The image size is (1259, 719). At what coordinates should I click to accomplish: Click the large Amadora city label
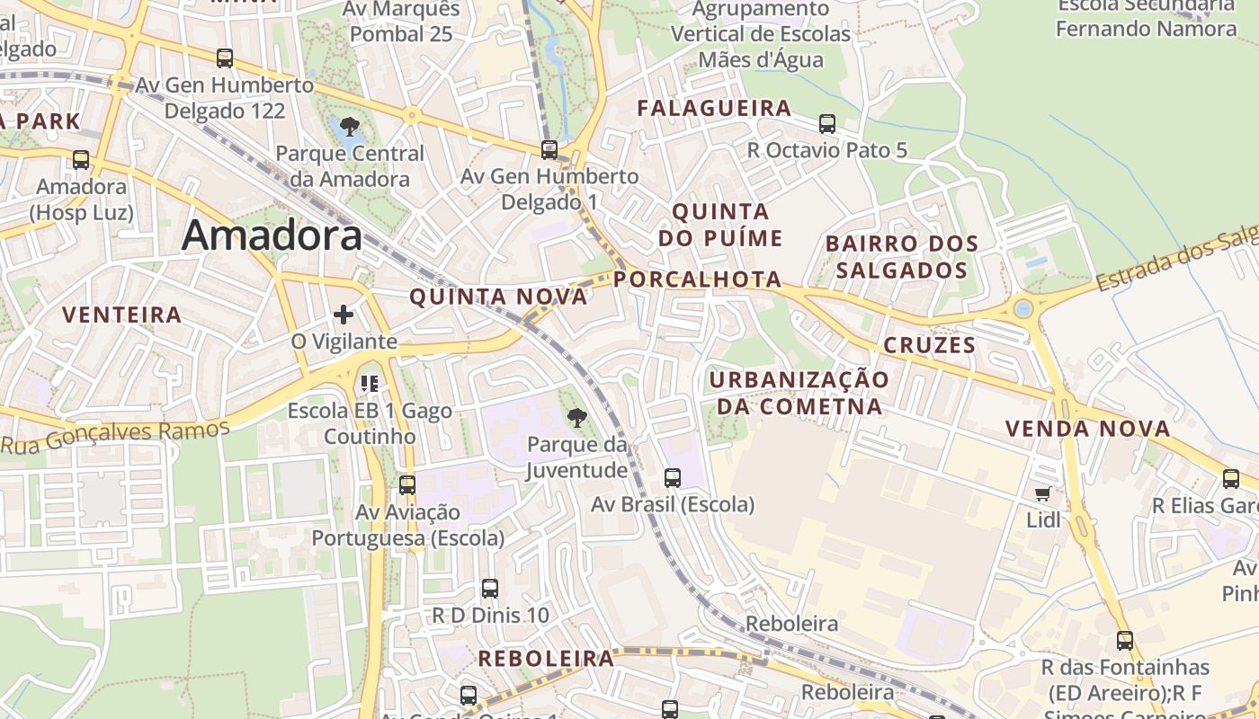272,235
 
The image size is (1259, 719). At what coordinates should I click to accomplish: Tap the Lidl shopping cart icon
1042,493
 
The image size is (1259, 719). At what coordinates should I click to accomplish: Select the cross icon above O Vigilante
344,315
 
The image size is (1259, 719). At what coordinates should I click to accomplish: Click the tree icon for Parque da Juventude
576,417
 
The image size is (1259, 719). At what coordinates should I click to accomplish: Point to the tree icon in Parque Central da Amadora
350,127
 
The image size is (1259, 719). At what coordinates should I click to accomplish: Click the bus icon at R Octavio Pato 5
827,124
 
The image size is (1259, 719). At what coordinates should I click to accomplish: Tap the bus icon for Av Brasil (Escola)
673,478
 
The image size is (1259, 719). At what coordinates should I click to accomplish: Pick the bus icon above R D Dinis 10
490,589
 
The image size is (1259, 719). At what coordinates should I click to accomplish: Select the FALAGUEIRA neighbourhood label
714,109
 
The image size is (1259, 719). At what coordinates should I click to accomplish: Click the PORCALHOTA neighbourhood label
698,280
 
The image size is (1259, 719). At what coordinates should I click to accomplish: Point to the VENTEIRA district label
122,315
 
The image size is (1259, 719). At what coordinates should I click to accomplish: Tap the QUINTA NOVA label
498,297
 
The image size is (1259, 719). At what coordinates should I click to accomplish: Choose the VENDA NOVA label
1088,429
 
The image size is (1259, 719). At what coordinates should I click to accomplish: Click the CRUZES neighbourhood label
929,345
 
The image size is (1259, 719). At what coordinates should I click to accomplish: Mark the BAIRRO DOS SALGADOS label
901,257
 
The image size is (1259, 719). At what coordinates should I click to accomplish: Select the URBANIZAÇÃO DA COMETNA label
799,393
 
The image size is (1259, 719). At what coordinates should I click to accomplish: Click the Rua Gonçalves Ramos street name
115,436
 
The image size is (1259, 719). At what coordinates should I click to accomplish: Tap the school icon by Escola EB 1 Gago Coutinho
369,384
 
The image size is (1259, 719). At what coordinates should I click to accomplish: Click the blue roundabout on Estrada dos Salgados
1022,309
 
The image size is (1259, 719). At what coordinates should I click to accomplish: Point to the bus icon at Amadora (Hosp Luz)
81,160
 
